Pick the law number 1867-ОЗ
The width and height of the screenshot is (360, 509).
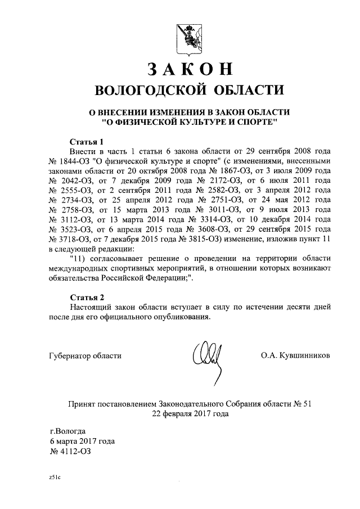[224, 173]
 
